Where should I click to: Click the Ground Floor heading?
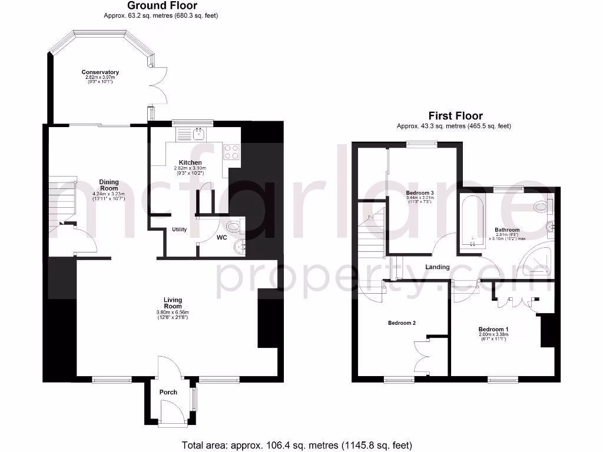(x=155, y=6)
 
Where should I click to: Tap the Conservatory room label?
(x=100, y=72)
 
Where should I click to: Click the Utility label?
(x=180, y=230)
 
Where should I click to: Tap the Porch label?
(x=168, y=392)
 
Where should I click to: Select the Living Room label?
(x=172, y=303)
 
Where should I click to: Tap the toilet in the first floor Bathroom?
(x=541, y=207)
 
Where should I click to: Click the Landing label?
(x=438, y=267)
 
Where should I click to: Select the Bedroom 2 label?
(x=402, y=323)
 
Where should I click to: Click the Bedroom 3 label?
(x=420, y=193)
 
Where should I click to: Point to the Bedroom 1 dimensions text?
(x=493, y=337)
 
